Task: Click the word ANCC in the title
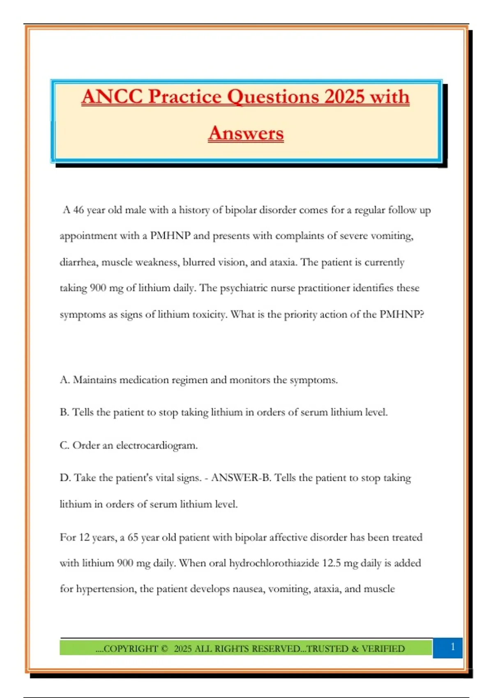pos(112,97)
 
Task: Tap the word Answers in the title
pos(246,133)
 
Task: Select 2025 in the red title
pos(344,97)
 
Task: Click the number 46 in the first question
pos(78,210)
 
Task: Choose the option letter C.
pos(64,445)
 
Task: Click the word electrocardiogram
pos(157,445)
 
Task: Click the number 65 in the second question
pos(133,537)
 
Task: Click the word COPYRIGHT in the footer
pos(131,649)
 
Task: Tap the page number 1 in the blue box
pos(452,647)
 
